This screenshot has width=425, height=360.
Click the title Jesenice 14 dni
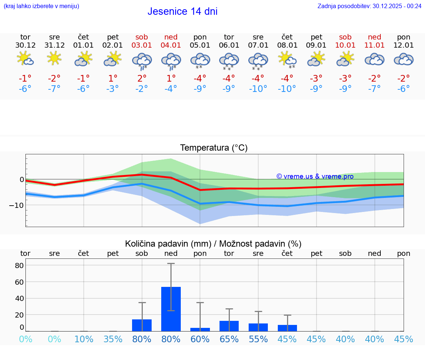tap(182, 11)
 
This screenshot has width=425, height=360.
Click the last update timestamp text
tap(369, 6)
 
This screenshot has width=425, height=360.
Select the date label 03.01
tap(142, 45)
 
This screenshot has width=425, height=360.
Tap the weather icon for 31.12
tap(54, 58)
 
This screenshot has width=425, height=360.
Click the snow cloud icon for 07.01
tap(258, 61)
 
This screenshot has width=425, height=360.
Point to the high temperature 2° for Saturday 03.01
tap(142, 78)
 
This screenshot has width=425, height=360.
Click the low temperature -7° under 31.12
tap(54, 89)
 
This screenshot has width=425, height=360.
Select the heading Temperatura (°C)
tap(214, 148)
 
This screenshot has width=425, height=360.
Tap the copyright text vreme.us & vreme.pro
tap(315, 176)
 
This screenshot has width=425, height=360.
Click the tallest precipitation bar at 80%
tap(171, 309)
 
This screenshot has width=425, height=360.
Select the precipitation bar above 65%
tap(229, 326)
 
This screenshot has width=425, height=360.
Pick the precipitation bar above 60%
tap(200, 329)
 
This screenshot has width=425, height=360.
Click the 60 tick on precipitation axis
tap(19, 282)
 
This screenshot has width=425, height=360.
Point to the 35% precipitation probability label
tap(113, 339)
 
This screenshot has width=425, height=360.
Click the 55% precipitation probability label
tap(258, 339)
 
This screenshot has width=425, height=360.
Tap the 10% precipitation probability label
tap(84, 339)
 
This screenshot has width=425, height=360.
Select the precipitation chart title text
tap(213, 244)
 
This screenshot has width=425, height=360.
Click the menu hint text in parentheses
tap(41, 6)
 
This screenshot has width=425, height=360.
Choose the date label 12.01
tap(403, 45)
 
